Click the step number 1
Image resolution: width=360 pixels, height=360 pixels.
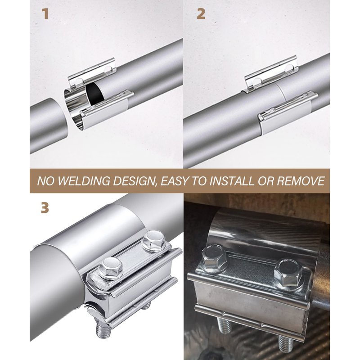coord(46,14)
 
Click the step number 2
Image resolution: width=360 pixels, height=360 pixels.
coord(201,14)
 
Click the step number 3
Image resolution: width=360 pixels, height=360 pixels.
coord(45,208)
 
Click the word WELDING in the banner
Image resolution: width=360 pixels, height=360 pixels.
coord(84,181)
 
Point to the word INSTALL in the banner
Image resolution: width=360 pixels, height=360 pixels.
coord(232,181)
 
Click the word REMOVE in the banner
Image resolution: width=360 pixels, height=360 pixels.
coord(301,181)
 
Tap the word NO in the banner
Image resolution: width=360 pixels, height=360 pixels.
coord(46,181)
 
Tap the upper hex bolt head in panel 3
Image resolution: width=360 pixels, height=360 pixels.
coord(153,240)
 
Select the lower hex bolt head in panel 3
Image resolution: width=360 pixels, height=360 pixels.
coord(110,268)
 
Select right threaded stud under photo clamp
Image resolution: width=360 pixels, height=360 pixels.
coord(286,344)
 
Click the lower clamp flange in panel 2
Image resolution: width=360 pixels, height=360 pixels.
coord(288,106)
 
